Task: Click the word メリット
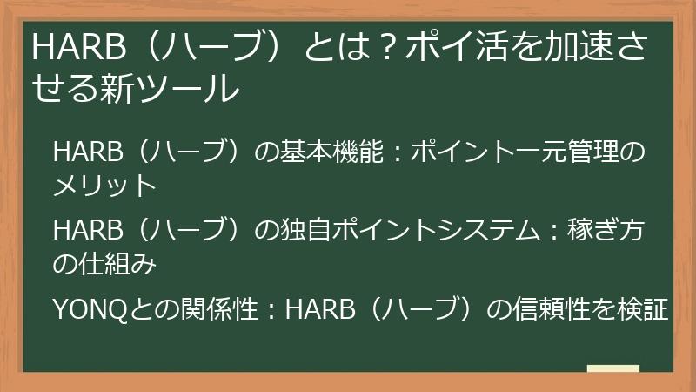click(x=104, y=185)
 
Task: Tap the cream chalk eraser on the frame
click(x=612, y=370)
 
